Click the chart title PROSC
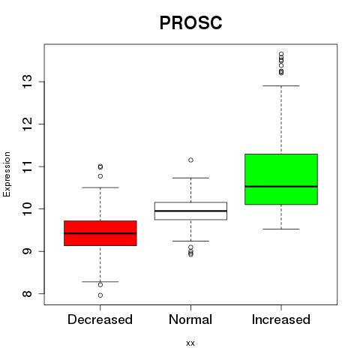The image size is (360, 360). point(190,22)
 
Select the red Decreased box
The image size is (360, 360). point(100,233)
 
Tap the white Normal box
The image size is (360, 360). point(190,211)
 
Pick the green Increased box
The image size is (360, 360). point(281,179)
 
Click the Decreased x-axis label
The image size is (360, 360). point(100,319)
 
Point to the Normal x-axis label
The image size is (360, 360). point(190,319)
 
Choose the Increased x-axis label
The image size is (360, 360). point(281,319)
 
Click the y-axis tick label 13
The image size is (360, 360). point(27,82)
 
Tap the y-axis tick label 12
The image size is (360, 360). point(27,124)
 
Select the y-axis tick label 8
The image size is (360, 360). point(27,293)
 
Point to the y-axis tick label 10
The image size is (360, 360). point(27,208)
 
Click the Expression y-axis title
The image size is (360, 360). point(7,174)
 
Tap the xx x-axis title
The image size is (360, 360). point(190,343)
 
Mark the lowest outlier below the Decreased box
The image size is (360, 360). point(100,295)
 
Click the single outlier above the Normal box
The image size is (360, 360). point(190,160)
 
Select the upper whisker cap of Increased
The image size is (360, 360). point(281,85)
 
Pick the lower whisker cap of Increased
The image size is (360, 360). point(281,229)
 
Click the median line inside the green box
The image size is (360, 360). point(281,187)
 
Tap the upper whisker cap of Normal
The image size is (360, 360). point(190,178)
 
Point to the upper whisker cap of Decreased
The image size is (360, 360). point(100,187)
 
